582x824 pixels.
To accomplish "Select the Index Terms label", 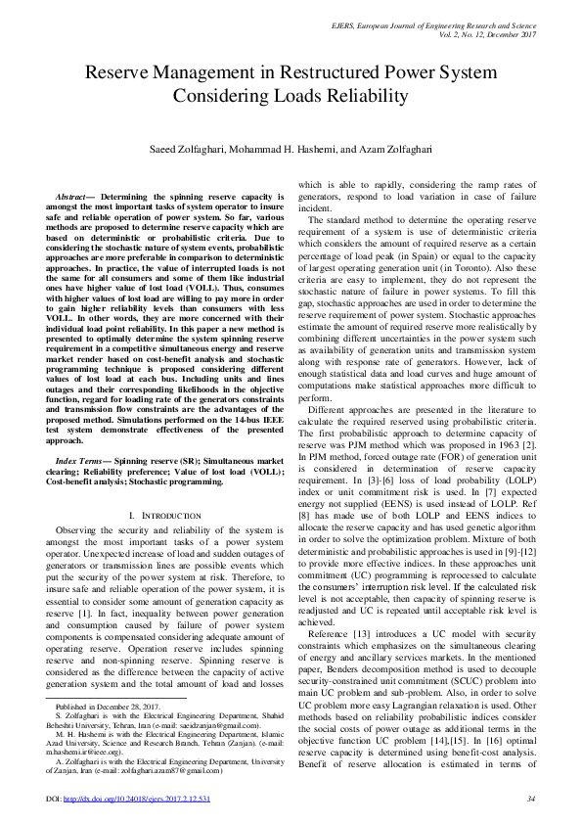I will [83, 459].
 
